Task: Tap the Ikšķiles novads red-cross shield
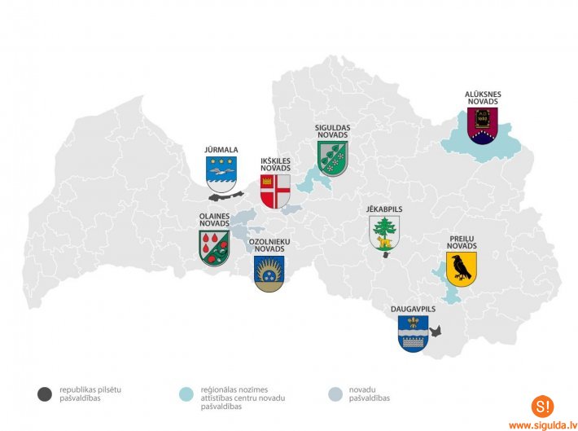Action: [275, 191]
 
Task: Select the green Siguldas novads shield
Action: [332, 157]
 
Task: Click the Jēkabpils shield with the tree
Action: [384, 235]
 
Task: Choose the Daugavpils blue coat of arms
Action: [413, 333]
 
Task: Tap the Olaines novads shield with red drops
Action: [214, 247]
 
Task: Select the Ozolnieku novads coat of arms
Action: [269, 274]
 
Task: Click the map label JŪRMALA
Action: [221, 150]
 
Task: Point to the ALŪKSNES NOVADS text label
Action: [483, 99]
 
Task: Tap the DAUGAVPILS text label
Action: [413, 310]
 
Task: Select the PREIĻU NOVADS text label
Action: [462, 242]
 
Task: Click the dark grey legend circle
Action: [44, 394]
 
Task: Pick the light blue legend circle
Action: [186, 394]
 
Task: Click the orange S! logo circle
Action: [541, 406]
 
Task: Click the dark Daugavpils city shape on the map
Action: [436, 331]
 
